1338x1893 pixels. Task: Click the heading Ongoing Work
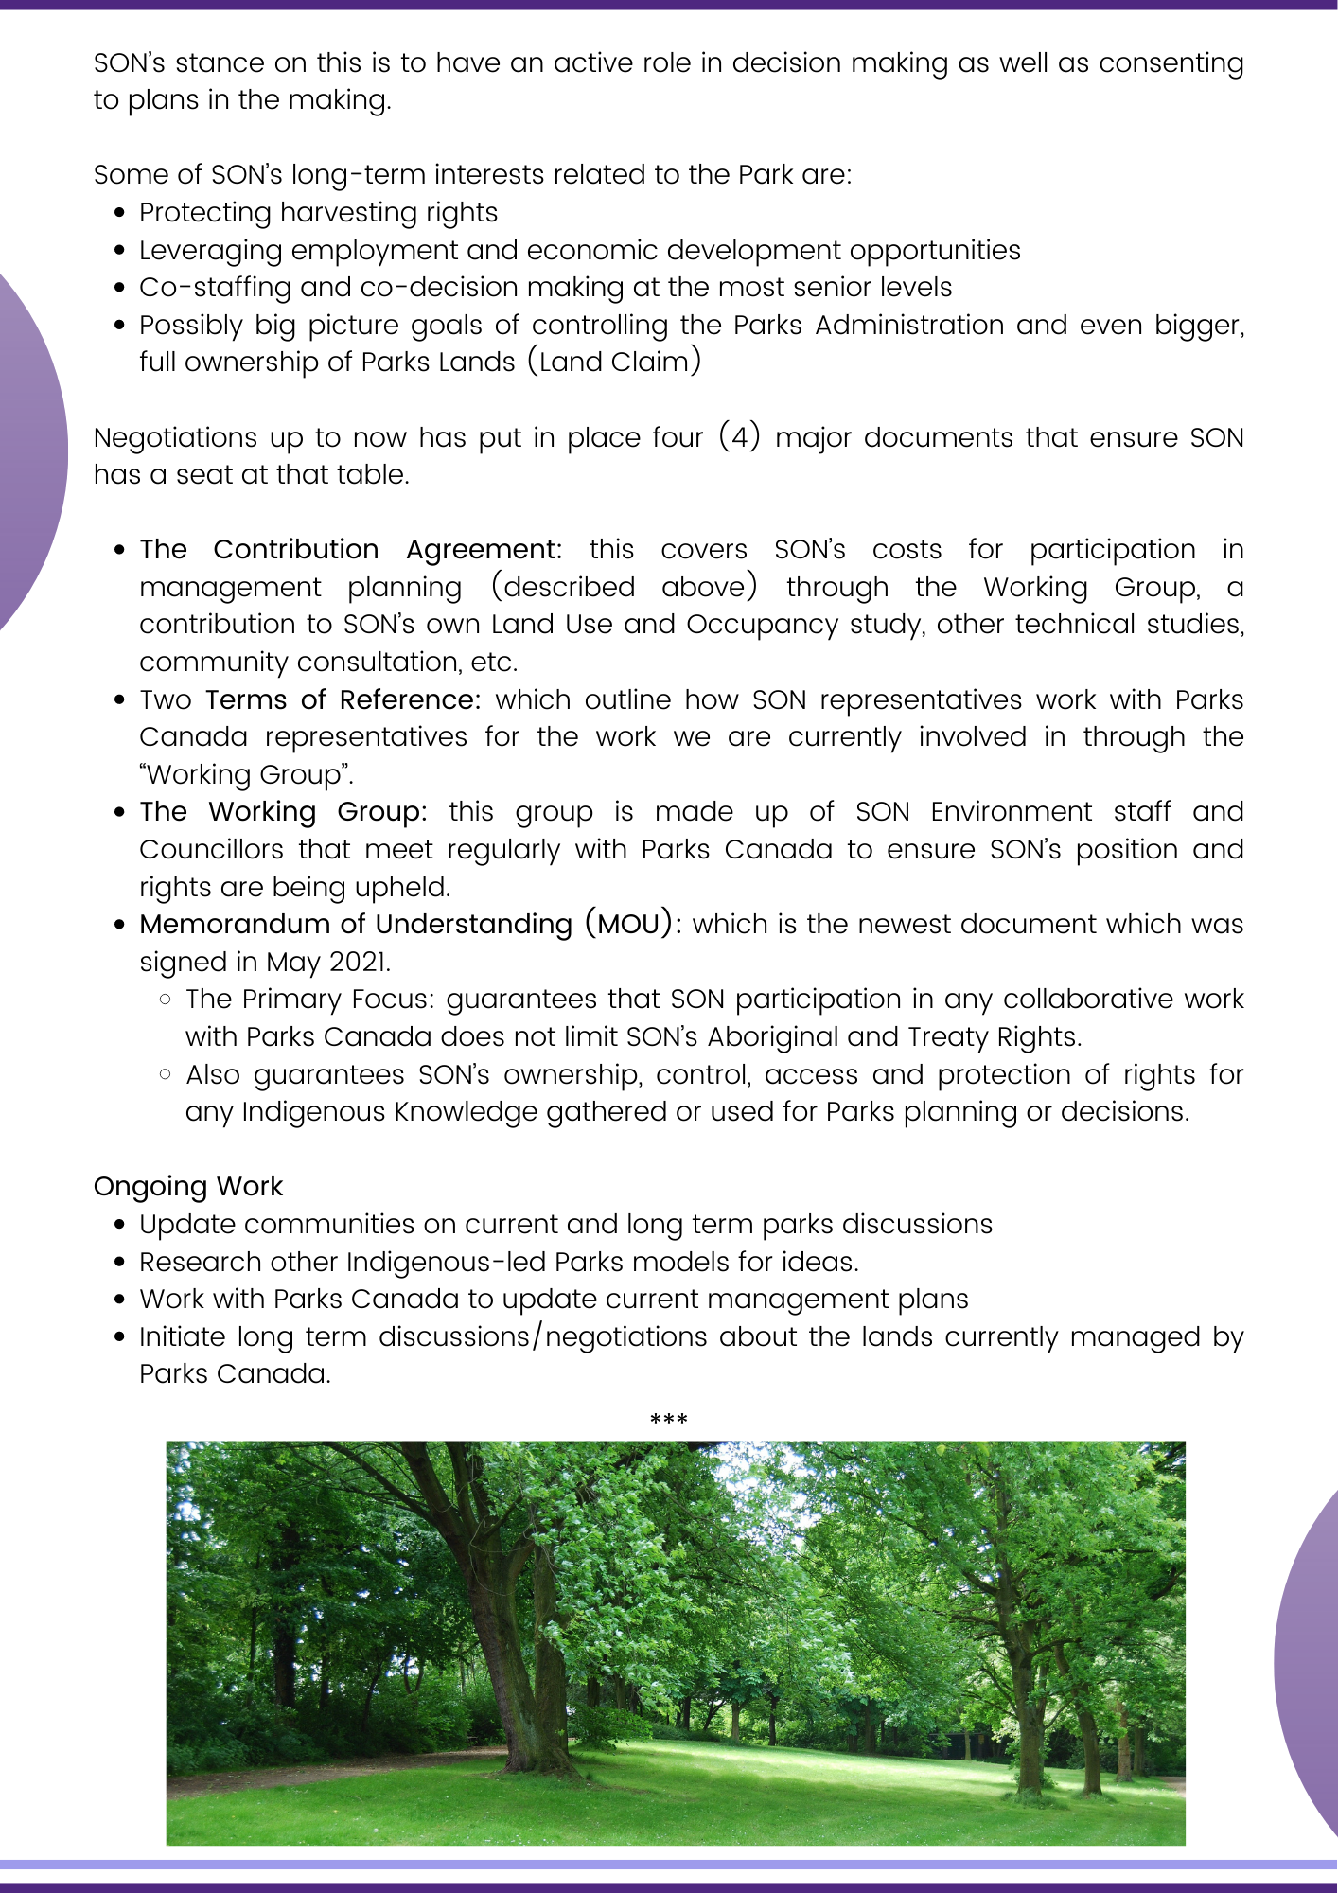pos(187,1186)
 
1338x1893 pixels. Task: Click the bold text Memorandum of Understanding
pos(356,924)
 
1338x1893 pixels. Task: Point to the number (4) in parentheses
pos(739,437)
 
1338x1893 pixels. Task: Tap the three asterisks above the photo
pos(669,1419)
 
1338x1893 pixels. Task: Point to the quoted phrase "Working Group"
pos(246,774)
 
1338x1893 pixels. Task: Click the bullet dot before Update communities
pos(119,1224)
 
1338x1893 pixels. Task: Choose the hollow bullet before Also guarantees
pos(166,1073)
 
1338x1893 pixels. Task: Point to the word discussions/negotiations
pos(543,1336)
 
